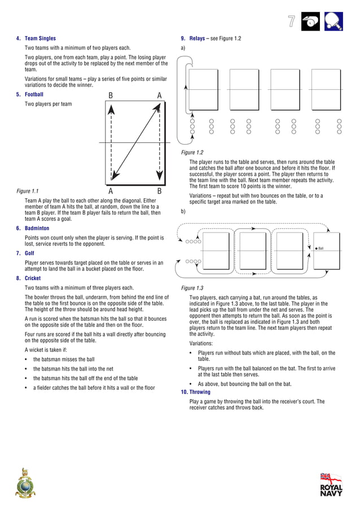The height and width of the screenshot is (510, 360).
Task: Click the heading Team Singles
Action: click(40, 38)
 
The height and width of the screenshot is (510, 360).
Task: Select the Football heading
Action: click(34, 94)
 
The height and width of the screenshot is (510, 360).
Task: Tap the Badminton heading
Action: click(37, 229)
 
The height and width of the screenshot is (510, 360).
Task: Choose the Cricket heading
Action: click(33, 278)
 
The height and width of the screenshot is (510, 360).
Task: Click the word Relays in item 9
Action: click(197, 38)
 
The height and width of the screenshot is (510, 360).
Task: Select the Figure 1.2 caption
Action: click(192, 152)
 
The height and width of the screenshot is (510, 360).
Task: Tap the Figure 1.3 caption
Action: click(192, 288)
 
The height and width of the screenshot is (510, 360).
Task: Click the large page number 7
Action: click(291, 21)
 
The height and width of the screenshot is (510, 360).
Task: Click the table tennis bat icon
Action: click(335, 21)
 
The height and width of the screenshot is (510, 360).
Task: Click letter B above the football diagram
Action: click(111, 95)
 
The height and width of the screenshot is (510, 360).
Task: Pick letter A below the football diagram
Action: click(111, 191)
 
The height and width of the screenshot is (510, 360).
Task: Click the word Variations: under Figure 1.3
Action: click(201, 343)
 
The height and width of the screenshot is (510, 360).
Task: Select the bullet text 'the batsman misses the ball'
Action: click(64, 359)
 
